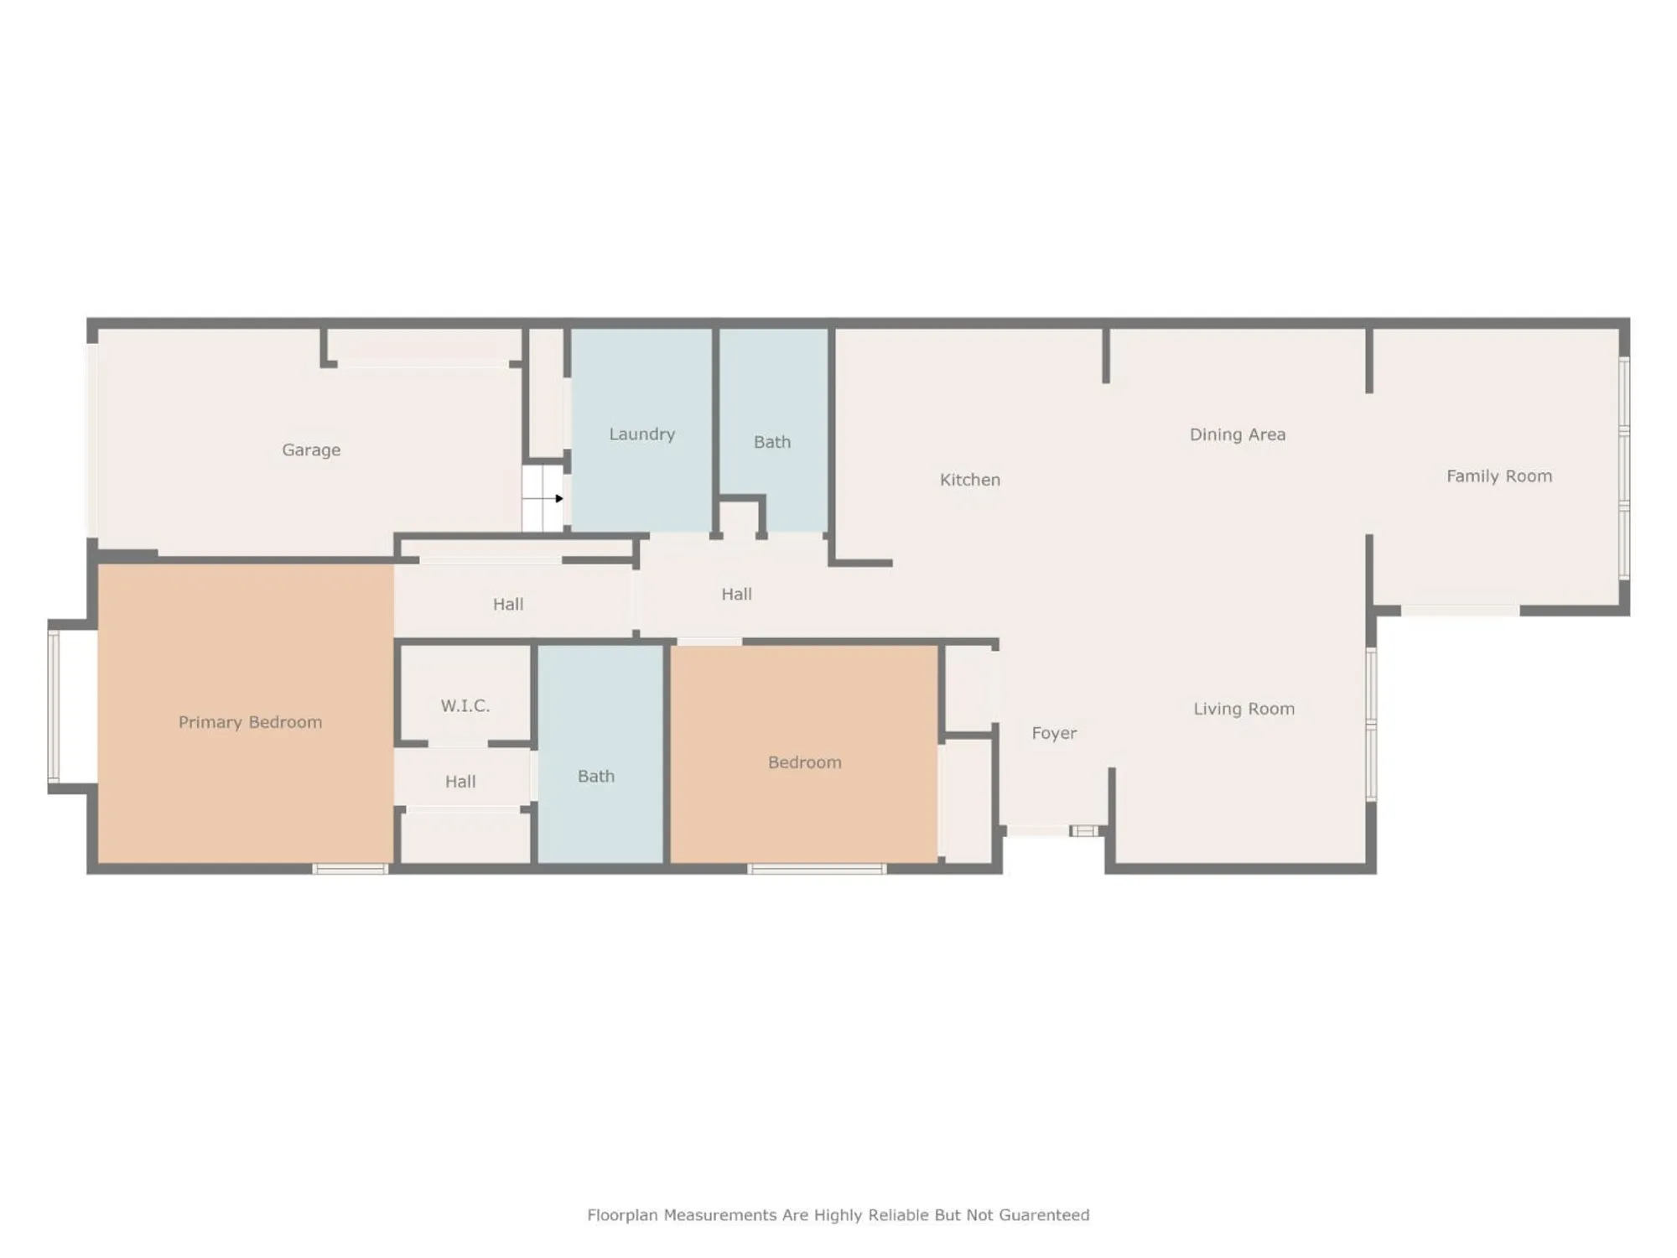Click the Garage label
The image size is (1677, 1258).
click(x=311, y=450)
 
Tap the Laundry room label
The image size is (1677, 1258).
click(x=641, y=434)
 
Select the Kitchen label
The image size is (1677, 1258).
click(x=969, y=480)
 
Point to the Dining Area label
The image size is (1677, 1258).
click(x=1237, y=434)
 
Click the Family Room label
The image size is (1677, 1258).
click(x=1498, y=476)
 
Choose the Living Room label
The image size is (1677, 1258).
click(x=1243, y=709)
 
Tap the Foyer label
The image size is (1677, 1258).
click(x=1054, y=733)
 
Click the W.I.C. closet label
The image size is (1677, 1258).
click(x=465, y=705)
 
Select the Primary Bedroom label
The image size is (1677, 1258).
click(x=250, y=722)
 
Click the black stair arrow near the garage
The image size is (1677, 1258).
click(x=558, y=498)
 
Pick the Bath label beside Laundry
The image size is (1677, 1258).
click(x=771, y=442)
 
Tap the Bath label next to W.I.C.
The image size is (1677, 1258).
click(x=595, y=777)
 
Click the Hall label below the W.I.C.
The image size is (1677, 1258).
click(x=459, y=782)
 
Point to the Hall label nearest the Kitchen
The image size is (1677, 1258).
click(x=736, y=594)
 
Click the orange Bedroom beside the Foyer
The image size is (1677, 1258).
click(x=804, y=762)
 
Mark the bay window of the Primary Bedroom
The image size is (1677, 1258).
click(x=54, y=706)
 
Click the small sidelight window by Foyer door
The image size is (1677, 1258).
click(x=1083, y=831)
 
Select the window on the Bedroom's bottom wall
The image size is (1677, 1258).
click(x=817, y=869)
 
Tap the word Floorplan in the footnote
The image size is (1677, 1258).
click(x=622, y=1215)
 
